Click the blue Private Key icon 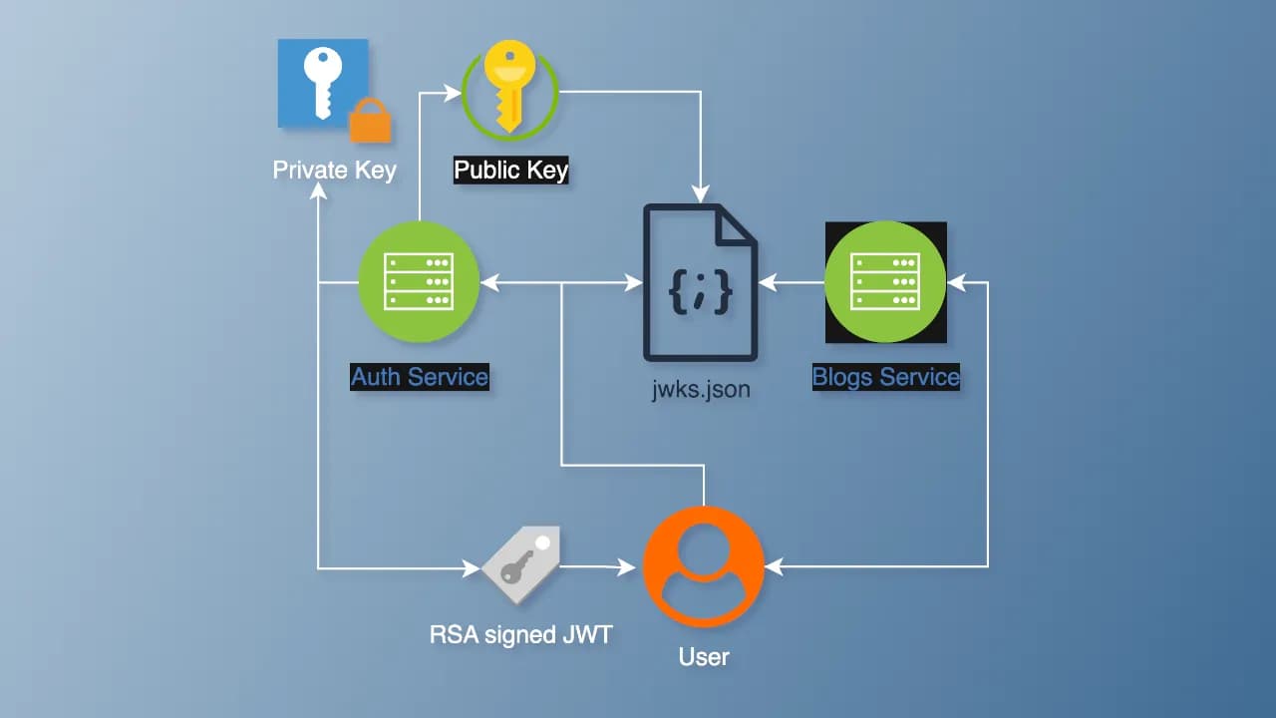[x=321, y=82]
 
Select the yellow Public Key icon [x=509, y=91]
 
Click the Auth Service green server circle [x=419, y=282]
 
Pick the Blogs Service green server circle [x=885, y=282]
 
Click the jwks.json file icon [x=700, y=282]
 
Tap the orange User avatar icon [x=704, y=565]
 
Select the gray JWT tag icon [x=520, y=564]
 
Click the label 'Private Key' [x=334, y=170]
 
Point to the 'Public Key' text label [x=510, y=171]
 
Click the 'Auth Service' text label [x=419, y=377]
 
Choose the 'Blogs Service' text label [x=885, y=377]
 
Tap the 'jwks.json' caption [x=700, y=389]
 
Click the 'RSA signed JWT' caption [x=520, y=634]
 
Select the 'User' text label [x=704, y=657]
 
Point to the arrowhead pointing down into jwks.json [x=704, y=190]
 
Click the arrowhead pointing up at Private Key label [x=318, y=193]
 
